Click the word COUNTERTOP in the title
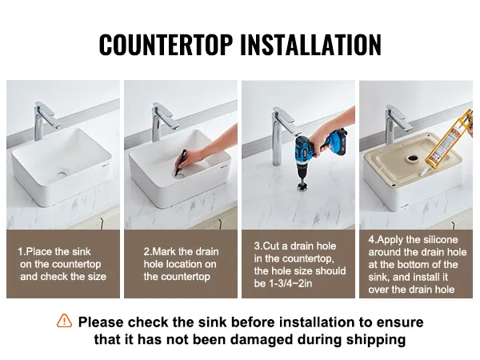pyautogui.click(x=166, y=45)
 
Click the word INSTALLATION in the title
pyautogui.click(x=310, y=45)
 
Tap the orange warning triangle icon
pyautogui.click(x=64, y=321)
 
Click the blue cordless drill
pyautogui.click(x=318, y=153)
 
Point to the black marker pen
pyautogui.click(x=181, y=162)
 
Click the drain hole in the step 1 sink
pyautogui.click(x=62, y=174)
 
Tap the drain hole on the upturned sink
pyautogui.click(x=413, y=158)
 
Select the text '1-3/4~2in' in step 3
pyautogui.click(x=290, y=283)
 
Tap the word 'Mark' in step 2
pyautogui.click(x=164, y=252)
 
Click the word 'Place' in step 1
pyautogui.click(x=38, y=252)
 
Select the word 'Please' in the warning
pyautogui.click(x=101, y=322)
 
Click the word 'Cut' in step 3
pyautogui.click(x=270, y=246)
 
